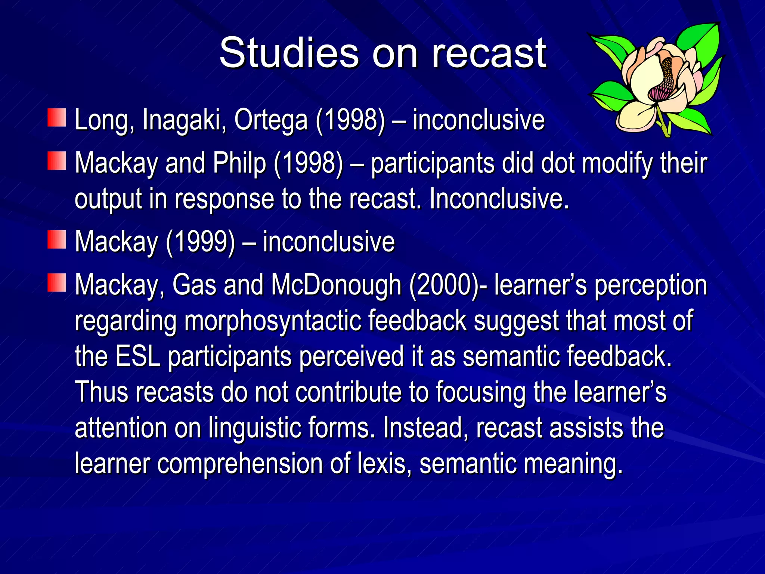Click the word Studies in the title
[x=289, y=53]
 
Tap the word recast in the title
[x=489, y=53]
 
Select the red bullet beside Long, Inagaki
[x=57, y=118]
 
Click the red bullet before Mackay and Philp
[x=57, y=161]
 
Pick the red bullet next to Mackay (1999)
[x=57, y=240]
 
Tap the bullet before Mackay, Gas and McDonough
[x=57, y=283]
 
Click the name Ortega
[x=271, y=120]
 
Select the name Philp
[x=239, y=163]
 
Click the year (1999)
[x=200, y=242]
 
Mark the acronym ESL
[x=138, y=356]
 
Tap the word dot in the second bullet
[x=558, y=163]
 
